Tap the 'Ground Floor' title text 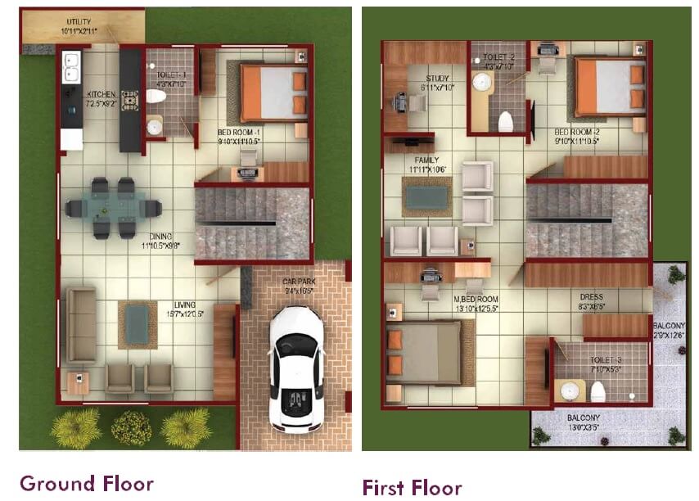[x=87, y=483]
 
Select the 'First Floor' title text [x=412, y=488]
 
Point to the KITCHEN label [x=101, y=95]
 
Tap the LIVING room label [x=185, y=305]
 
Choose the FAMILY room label [x=426, y=160]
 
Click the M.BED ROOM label [x=476, y=299]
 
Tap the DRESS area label [x=591, y=297]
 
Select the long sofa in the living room [x=81, y=325]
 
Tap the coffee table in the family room [x=426, y=196]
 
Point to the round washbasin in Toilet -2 [x=481, y=82]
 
